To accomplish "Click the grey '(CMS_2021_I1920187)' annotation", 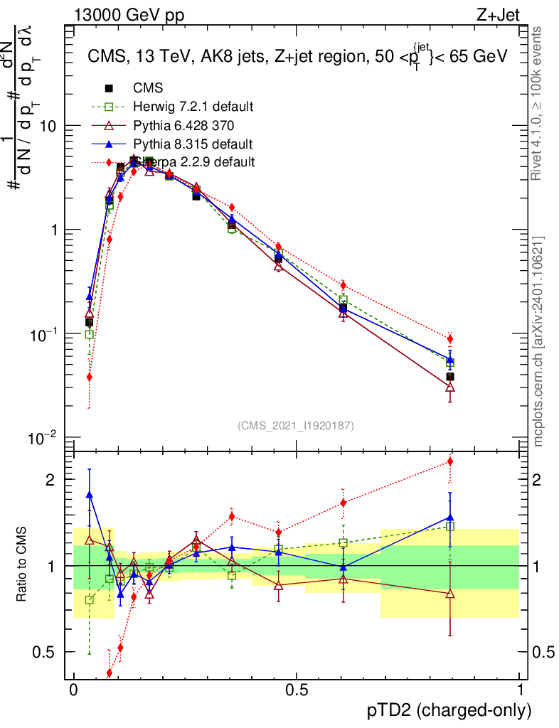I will (x=296, y=425).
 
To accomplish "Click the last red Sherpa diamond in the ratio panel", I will (x=449, y=461).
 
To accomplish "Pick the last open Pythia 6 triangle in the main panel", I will (x=449, y=387).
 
